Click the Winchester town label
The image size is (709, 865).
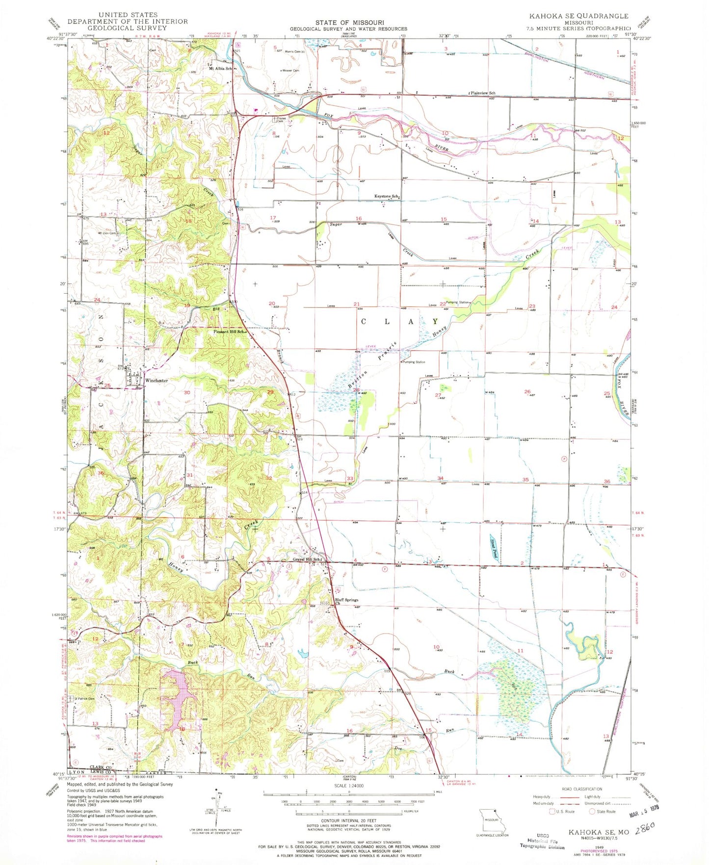click(156, 381)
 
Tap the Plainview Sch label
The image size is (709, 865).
click(483, 93)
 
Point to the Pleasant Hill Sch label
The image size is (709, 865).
click(229, 332)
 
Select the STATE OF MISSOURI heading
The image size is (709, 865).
click(349, 23)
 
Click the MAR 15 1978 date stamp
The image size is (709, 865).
click(644, 816)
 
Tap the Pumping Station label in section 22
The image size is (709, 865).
click(457, 303)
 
